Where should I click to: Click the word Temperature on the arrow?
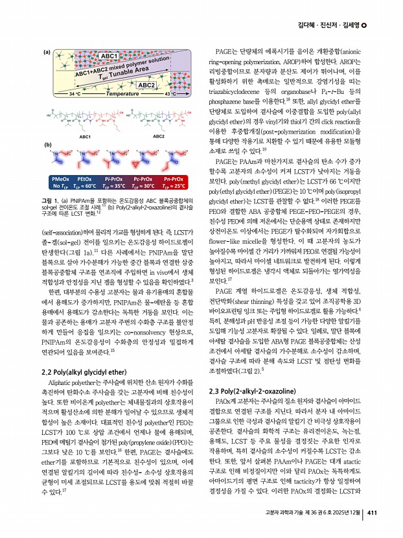click(x=123, y=95)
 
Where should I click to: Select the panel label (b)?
click(x=47, y=145)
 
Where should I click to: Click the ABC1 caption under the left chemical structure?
click(x=85, y=137)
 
